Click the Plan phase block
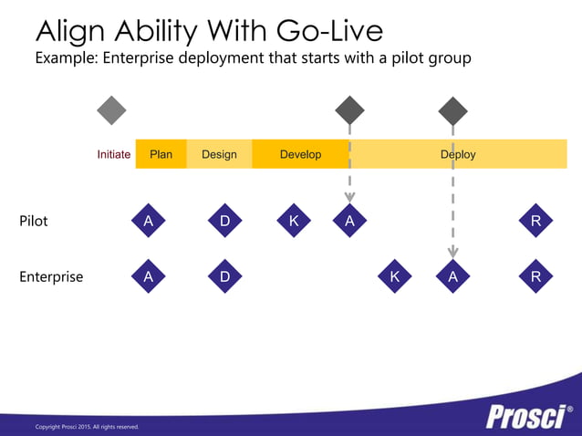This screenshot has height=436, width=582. pyautogui.click(x=161, y=154)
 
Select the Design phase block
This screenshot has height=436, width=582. pyautogui.click(x=219, y=154)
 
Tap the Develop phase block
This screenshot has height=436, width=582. pyautogui.click(x=300, y=154)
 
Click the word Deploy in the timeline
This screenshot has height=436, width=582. pyautogui.click(x=458, y=154)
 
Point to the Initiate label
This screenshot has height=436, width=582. pyautogui.click(x=114, y=154)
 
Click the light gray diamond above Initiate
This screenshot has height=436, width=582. pyautogui.click(x=111, y=110)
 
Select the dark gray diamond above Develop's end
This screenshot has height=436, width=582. pyautogui.click(x=349, y=110)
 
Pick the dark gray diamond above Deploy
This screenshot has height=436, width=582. pyautogui.click(x=452, y=111)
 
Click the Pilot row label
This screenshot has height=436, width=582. pyautogui.click(x=34, y=221)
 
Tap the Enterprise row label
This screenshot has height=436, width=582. pyautogui.click(x=51, y=276)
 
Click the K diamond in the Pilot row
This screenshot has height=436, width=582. pyautogui.click(x=294, y=221)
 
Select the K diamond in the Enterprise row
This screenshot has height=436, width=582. pyautogui.click(x=394, y=276)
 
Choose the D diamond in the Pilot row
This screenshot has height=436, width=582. pyautogui.click(x=224, y=221)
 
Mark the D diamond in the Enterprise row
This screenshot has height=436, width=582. pyautogui.click(x=224, y=276)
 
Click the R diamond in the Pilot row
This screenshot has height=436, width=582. pyautogui.click(x=535, y=221)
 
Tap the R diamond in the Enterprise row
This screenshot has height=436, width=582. pyautogui.click(x=535, y=276)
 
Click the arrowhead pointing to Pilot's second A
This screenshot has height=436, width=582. pyautogui.click(x=349, y=195)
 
